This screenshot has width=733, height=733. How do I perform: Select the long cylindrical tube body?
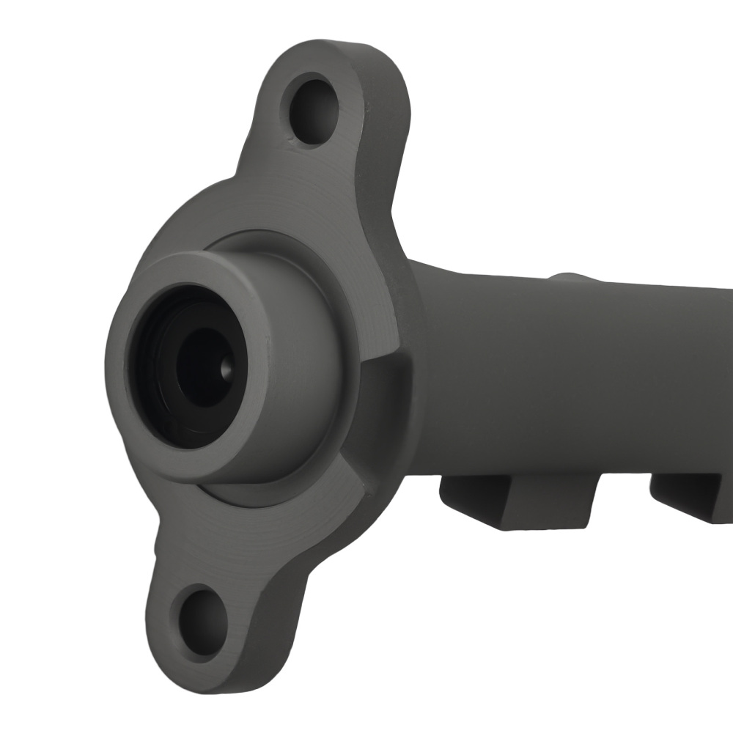[572, 366]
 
